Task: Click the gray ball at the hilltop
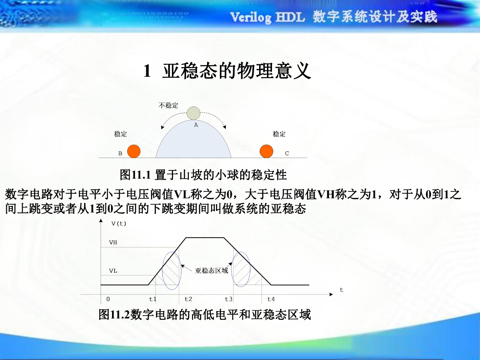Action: point(193,113)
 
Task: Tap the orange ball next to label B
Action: point(134,151)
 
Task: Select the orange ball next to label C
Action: point(267,151)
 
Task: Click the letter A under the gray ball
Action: point(196,125)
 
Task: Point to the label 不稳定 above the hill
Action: point(168,106)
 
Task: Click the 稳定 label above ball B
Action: point(120,134)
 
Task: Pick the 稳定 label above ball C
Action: point(279,134)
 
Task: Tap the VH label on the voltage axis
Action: point(113,243)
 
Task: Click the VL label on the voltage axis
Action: point(113,271)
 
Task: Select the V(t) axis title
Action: point(119,223)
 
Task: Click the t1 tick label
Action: point(153,299)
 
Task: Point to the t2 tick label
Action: point(188,299)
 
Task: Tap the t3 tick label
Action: point(229,299)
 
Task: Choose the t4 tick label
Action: point(271,299)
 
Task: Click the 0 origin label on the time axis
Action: point(108,299)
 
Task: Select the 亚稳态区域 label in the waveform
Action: point(212,270)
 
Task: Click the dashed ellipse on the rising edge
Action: point(163,271)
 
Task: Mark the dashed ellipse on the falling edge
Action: point(232,269)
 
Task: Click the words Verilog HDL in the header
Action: point(267,17)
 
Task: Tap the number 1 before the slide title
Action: point(147,71)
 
